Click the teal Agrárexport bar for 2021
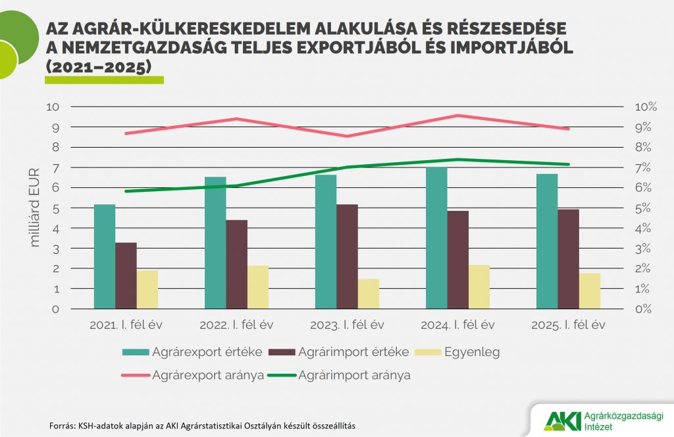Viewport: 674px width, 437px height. click(105, 257)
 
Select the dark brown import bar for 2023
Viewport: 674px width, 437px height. click(347, 257)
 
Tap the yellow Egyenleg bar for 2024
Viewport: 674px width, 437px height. click(479, 287)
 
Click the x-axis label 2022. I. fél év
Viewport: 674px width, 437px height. click(236, 325)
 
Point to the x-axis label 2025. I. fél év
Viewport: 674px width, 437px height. click(568, 325)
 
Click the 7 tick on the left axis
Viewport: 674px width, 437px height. click(55, 167)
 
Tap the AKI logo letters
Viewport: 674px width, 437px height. click(559, 419)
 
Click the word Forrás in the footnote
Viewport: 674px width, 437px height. click(63, 425)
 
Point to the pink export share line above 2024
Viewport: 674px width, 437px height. click(457, 115)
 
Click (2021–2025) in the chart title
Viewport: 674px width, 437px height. click(99, 67)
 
